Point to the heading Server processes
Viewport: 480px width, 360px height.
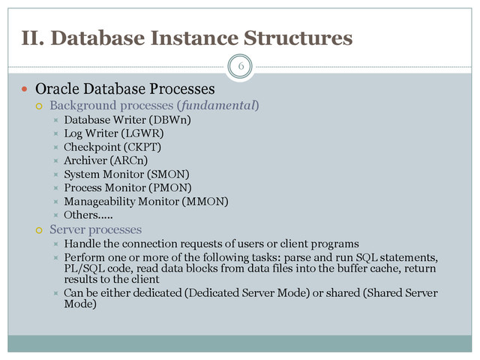tap(95, 229)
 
